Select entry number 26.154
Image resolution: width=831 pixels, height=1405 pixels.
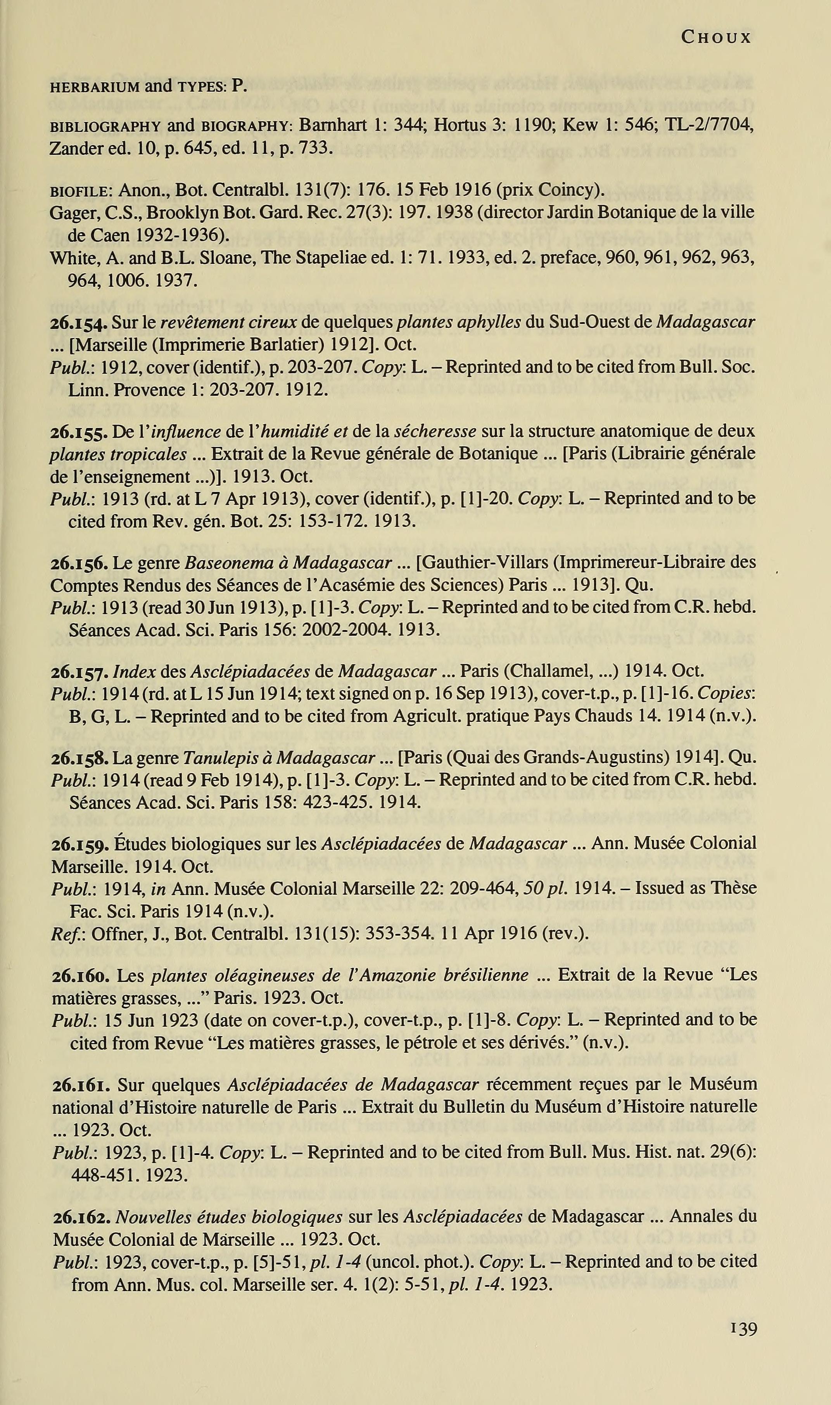point(79,323)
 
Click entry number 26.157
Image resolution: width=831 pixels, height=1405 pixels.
point(79,671)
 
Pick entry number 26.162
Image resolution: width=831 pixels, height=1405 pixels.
point(82,1217)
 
